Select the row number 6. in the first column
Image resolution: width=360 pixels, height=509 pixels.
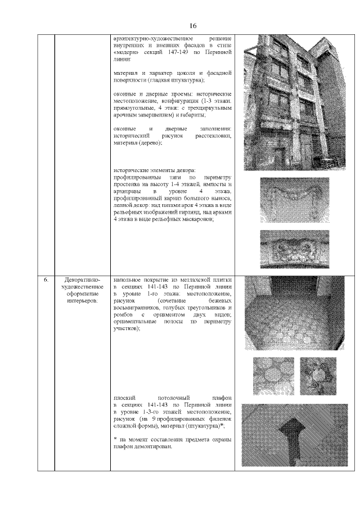[x=47, y=279]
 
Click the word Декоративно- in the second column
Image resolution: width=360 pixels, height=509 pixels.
[x=83, y=279]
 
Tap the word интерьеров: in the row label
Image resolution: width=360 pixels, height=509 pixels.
[x=83, y=301]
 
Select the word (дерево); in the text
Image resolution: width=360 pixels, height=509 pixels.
[x=148, y=143]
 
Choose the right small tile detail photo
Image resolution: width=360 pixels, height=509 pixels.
[x=318, y=375]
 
